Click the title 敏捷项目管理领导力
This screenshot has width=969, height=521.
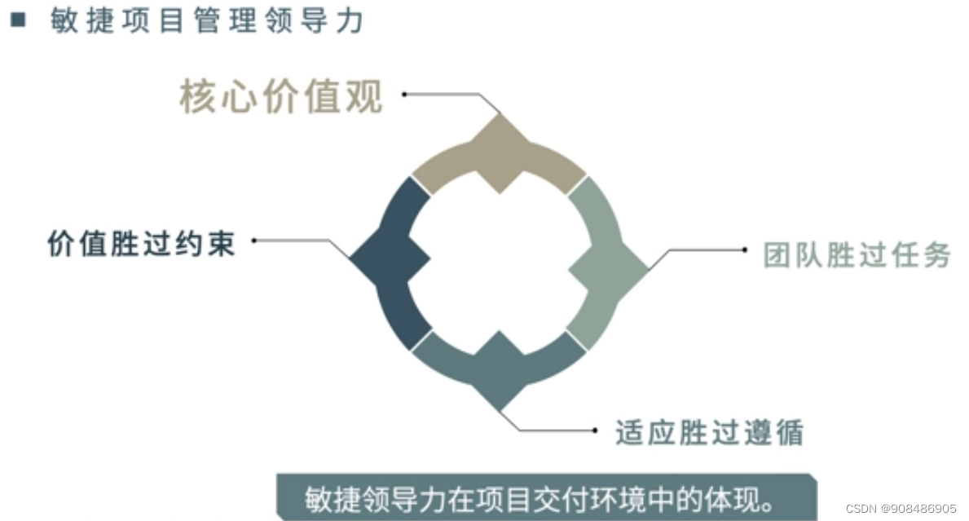(x=205, y=21)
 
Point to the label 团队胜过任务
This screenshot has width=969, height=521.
(x=857, y=255)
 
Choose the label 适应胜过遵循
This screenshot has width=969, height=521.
(x=709, y=432)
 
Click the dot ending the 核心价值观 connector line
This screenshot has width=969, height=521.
(x=404, y=95)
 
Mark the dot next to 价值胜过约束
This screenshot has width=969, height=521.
(x=255, y=241)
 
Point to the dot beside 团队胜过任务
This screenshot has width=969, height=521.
(x=744, y=249)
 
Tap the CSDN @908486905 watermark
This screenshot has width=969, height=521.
(x=901, y=508)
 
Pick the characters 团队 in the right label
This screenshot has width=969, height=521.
(x=795, y=255)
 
